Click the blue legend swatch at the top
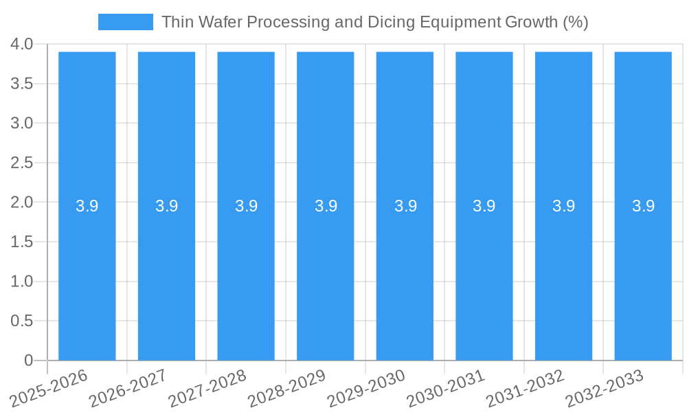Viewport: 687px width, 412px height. [x=125, y=22]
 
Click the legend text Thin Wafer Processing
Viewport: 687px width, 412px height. [x=374, y=22]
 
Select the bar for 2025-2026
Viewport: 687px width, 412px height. [x=87, y=275]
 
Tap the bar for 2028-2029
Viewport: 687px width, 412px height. [x=326, y=275]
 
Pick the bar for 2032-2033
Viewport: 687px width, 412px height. [x=643, y=275]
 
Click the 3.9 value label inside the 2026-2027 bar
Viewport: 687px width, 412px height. [x=166, y=206]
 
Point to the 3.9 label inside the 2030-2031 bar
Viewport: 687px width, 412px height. [x=484, y=206]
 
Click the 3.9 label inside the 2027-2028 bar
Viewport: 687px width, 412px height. [x=246, y=206]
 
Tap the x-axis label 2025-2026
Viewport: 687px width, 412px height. [x=49, y=387]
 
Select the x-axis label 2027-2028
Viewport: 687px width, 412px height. [x=208, y=387]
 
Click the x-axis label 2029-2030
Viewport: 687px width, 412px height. [x=367, y=387]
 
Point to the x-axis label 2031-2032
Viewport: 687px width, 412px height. [x=526, y=387]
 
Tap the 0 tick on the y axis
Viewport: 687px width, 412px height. [x=28, y=360]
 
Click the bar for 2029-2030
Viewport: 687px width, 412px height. [x=405, y=275]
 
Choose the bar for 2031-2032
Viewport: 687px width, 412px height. [x=563, y=275]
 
